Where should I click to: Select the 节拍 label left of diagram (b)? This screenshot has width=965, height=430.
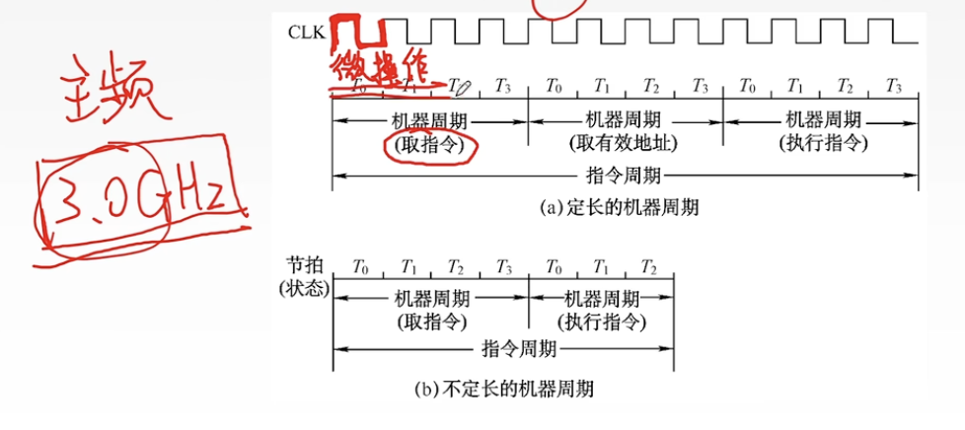[x=303, y=266]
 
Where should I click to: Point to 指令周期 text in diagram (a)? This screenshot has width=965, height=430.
[x=625, y=178]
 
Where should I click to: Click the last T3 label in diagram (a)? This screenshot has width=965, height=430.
[x=894, y=87]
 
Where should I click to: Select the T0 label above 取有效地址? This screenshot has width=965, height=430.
[x=554, y=87]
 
